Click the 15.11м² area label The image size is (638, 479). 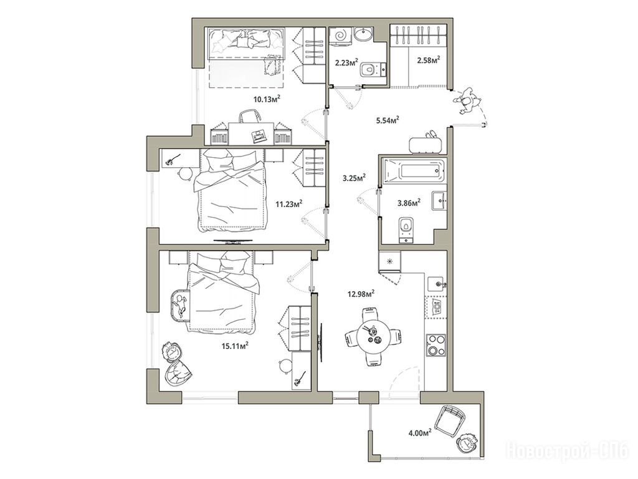(235, 346)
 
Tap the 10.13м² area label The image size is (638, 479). (267, 99)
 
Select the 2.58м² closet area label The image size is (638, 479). (429, 60)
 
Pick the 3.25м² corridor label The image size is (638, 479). (354, 178)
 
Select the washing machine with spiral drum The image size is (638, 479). (340, 35)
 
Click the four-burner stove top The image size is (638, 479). (436, 345)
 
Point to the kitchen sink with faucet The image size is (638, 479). (437, 284)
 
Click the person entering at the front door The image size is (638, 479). (469, 100)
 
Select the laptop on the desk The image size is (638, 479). (259, 135)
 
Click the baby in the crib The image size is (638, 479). (180, 306)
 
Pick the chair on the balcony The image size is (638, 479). (450, 420)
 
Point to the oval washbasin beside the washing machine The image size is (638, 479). (362, 34)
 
